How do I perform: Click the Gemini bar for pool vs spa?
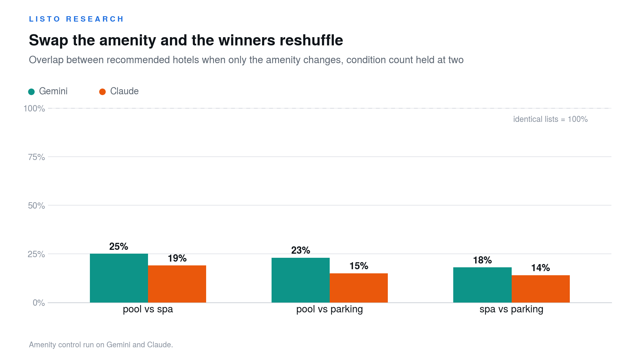(x=119, y=278)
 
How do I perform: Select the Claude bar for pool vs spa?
(x=177, y=284)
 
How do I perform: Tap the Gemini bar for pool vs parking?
(x=300, y=280)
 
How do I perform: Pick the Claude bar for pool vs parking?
(x=359, y=288)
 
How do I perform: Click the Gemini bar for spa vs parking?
(x=482, y=285)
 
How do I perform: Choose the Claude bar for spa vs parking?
(x=541, y=289)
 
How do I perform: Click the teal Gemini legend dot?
(x=31, y=92)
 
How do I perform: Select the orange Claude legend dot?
(x=102, y=92)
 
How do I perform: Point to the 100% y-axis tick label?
(x=34, y=109)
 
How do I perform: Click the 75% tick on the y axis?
(x=37, y=157)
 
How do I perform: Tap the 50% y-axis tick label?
(x=37, y=206)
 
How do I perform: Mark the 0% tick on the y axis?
(x=39, y=303)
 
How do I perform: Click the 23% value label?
(x=300, y=250)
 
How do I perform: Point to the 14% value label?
(x=541, y=268)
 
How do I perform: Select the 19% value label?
(x=177, y=258)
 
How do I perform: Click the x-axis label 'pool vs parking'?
(x=330, y=309)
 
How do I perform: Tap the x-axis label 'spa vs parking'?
(x=511, y=309)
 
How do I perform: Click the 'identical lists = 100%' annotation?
(x=550, y=119)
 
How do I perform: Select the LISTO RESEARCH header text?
(x=76, y=19)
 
